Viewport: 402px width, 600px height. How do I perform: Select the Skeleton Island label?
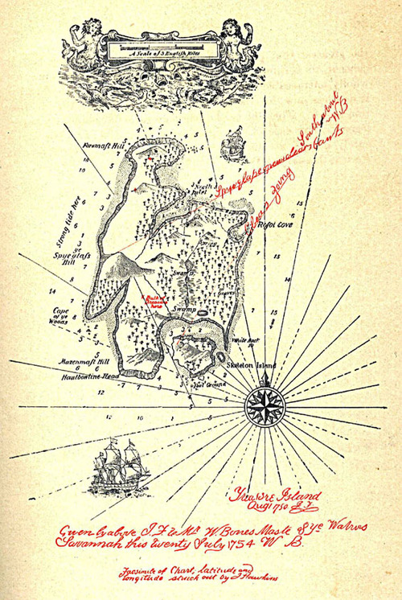point(252,364)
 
